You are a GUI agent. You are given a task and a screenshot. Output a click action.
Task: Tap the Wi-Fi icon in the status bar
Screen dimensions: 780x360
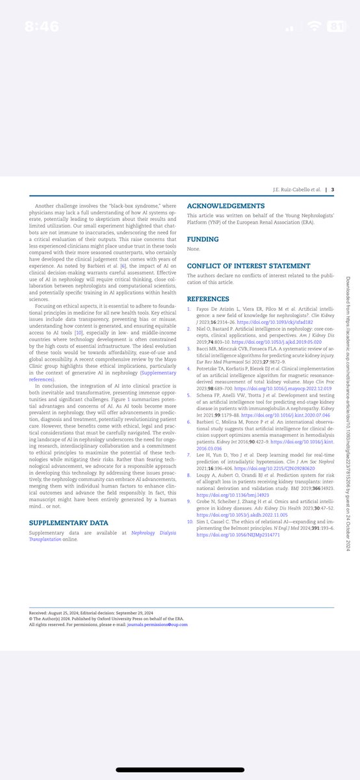click(x=316, y=28)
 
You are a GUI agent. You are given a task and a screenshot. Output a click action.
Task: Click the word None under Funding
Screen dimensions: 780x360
click(x=194, y=249)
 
